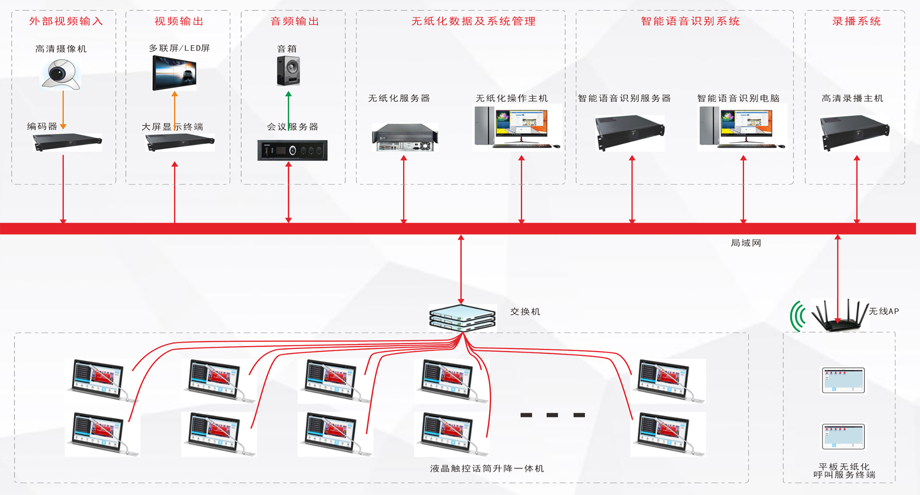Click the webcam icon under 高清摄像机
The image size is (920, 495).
[60, 74]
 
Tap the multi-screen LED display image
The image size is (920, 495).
[174, 73]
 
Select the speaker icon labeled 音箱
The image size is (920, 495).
[288, 71]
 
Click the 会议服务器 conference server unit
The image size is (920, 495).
[292, 150]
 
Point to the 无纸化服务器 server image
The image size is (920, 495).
[405, 137]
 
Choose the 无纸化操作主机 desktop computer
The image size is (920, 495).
[517, 127]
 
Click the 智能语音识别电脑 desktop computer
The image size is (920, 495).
[742, 127]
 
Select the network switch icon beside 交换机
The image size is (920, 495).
[462, 318]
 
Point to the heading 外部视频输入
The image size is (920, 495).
[66, 21]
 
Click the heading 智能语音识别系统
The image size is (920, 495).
[690, 21]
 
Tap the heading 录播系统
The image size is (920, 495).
[856, 21]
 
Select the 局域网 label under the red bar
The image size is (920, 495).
[746, 243]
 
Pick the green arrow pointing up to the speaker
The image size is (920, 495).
[288, 110]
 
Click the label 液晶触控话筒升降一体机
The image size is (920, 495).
[487, 468]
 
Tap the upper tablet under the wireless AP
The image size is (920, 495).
[843, 380]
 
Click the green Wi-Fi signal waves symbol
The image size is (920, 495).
[798, 317]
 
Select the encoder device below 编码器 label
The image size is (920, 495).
[67, 142]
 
